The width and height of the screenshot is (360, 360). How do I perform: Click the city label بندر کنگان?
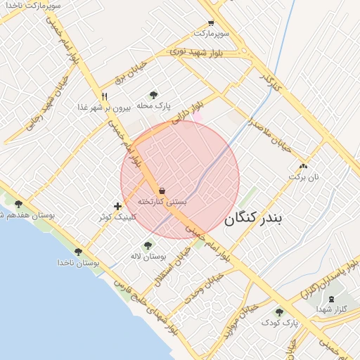[x=253, y=219]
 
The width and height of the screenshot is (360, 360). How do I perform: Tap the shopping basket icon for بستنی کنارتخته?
[x=162, y=190]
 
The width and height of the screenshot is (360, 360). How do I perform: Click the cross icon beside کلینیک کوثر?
[x=117, y=206]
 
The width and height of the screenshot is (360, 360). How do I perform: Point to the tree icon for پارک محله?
[x=153, y=94]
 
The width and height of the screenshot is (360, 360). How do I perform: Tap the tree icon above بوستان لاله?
[x=147, y=245]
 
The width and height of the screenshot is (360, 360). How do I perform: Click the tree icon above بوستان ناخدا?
[x=78, y=251]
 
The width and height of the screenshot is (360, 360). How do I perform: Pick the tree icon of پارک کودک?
[x=279, y=311]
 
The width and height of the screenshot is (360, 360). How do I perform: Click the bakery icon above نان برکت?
[x=303, y=167]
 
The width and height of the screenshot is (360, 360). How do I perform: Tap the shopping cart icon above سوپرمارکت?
[x=211, y=22]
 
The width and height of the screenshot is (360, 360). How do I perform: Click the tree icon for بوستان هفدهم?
[x=18, y=204]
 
